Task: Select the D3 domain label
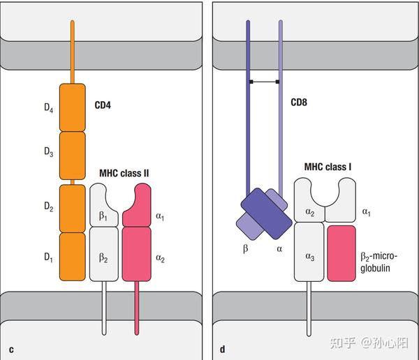tap(47, 153)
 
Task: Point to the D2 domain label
tap(47, 207)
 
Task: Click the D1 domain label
tap(47, 257)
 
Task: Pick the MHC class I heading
tap(328, 167)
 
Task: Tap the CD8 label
tap(300, 103)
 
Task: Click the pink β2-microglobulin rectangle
tap(341, 253)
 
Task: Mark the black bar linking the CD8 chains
tap(265, 82)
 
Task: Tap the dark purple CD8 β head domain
tap(266, 212)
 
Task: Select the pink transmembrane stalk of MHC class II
tap(137, 307)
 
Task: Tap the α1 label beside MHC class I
tap(365, 210)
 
